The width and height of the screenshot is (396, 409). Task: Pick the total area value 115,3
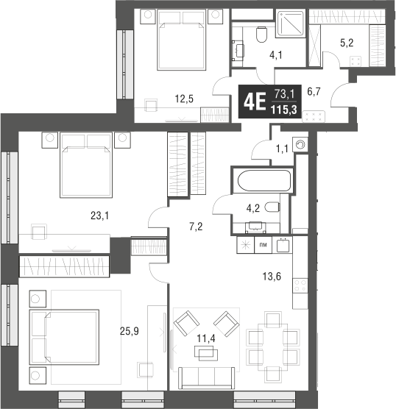click(x=283, y=110)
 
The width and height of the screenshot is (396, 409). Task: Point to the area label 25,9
click(x=130, y=332)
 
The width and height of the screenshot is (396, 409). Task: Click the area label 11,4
click(x=205, y=338)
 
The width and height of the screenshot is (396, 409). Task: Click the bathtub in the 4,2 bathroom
click(x=263, y=179)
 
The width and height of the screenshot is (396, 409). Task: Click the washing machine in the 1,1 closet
click(x=300, y=144)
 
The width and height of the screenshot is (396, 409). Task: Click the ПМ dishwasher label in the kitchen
click(x=262, y=245)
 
